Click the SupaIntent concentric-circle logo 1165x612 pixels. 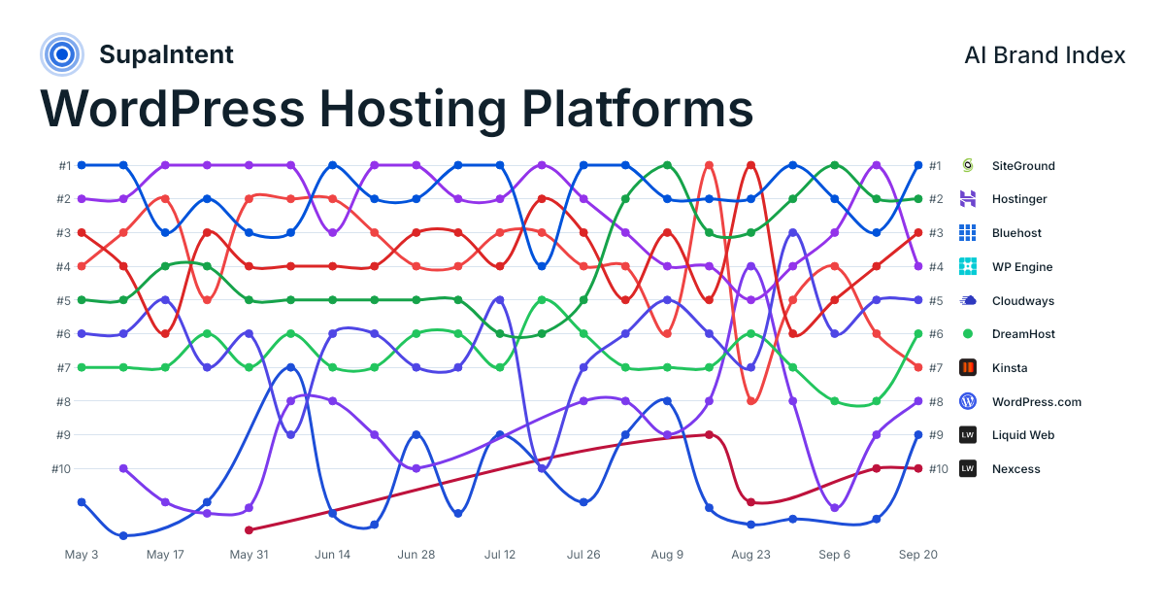coord(62,54)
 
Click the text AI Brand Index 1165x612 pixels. coord(1045,55)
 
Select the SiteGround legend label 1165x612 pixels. coord(1023,166)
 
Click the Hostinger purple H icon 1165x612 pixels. coord(967,199)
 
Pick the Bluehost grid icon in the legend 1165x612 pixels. coord(967,232)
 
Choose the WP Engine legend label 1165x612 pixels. coord(1022,267)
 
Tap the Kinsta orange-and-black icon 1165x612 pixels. coord(967,367)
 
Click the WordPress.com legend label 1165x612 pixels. coord(1037,402)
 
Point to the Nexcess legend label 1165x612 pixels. coord(1015,469)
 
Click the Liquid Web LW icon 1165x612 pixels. coord(967,434)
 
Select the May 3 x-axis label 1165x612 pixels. coord(82,555)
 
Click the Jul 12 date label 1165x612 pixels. coord(500,555)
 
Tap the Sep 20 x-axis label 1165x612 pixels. coord(918,555)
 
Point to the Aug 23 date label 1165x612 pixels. coord(750,555)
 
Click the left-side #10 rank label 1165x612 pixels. coord(61,469)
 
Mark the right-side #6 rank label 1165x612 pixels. coord(936,334)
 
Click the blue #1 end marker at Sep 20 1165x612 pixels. coord(918,165)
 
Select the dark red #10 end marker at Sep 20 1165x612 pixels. coord(918,468)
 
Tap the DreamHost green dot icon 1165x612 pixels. coord(967,333)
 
